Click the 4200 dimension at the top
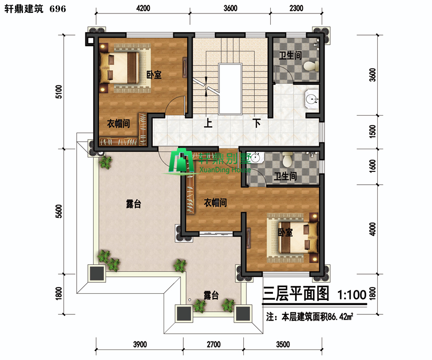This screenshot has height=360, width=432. (143, 8)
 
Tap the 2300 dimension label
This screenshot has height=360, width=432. (297, 8)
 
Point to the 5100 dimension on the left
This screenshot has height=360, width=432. (59, 92)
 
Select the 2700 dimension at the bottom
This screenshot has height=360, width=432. (214, 345)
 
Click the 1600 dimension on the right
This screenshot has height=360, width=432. (372, 167)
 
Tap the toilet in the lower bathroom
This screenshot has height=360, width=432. (287, 159)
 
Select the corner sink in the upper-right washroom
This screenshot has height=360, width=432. (312, 98)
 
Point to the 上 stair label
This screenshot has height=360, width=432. (208, 123)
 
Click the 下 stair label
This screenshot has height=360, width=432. (257, 123)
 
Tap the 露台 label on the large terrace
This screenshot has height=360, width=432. (133, 204)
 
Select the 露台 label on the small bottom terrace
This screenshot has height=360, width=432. (211, 295)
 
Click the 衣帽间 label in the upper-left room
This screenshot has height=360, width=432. (119, 123)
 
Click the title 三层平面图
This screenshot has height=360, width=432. (296, 293)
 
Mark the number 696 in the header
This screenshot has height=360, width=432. (58, 9)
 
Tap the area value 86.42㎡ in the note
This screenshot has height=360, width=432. (340, 317)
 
